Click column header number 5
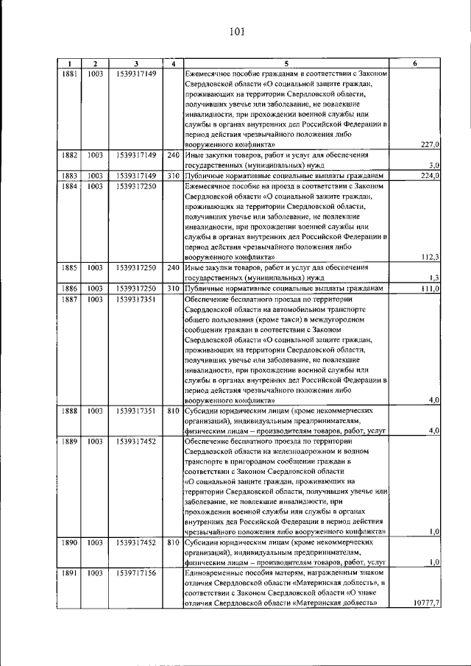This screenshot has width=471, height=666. coord(286,64)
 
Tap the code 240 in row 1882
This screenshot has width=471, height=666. coord(173,155)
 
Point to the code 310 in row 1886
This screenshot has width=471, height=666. coord(173,288)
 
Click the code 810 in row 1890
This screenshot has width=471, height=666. coord(173,542)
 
